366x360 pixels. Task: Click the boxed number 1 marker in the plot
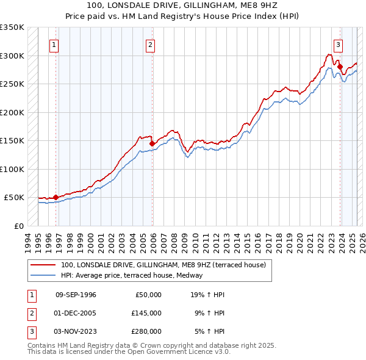point(54,44)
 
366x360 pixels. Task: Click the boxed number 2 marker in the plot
point(150,44)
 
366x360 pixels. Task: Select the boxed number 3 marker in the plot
point(338,44)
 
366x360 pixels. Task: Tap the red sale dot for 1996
point(56,197)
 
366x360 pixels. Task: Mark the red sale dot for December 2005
point(152,143)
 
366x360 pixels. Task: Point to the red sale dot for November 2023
point(340,67)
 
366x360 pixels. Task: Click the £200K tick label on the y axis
point(12,112)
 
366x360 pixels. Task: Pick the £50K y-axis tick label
point(14,198)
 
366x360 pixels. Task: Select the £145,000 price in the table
point(146,313)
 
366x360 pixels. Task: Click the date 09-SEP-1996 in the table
point(76,295)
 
